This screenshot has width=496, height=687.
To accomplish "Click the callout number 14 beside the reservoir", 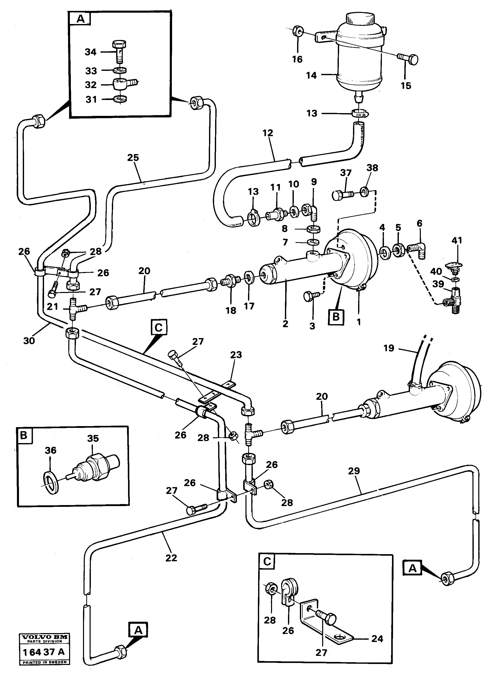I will [311, 75].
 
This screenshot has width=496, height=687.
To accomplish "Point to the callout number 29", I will [354, 471].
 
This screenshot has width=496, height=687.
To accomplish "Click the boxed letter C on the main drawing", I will [158, 328].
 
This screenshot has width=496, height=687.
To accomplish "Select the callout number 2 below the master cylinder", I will [285, 323].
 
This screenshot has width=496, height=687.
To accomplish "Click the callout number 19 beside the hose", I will [389, 348].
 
